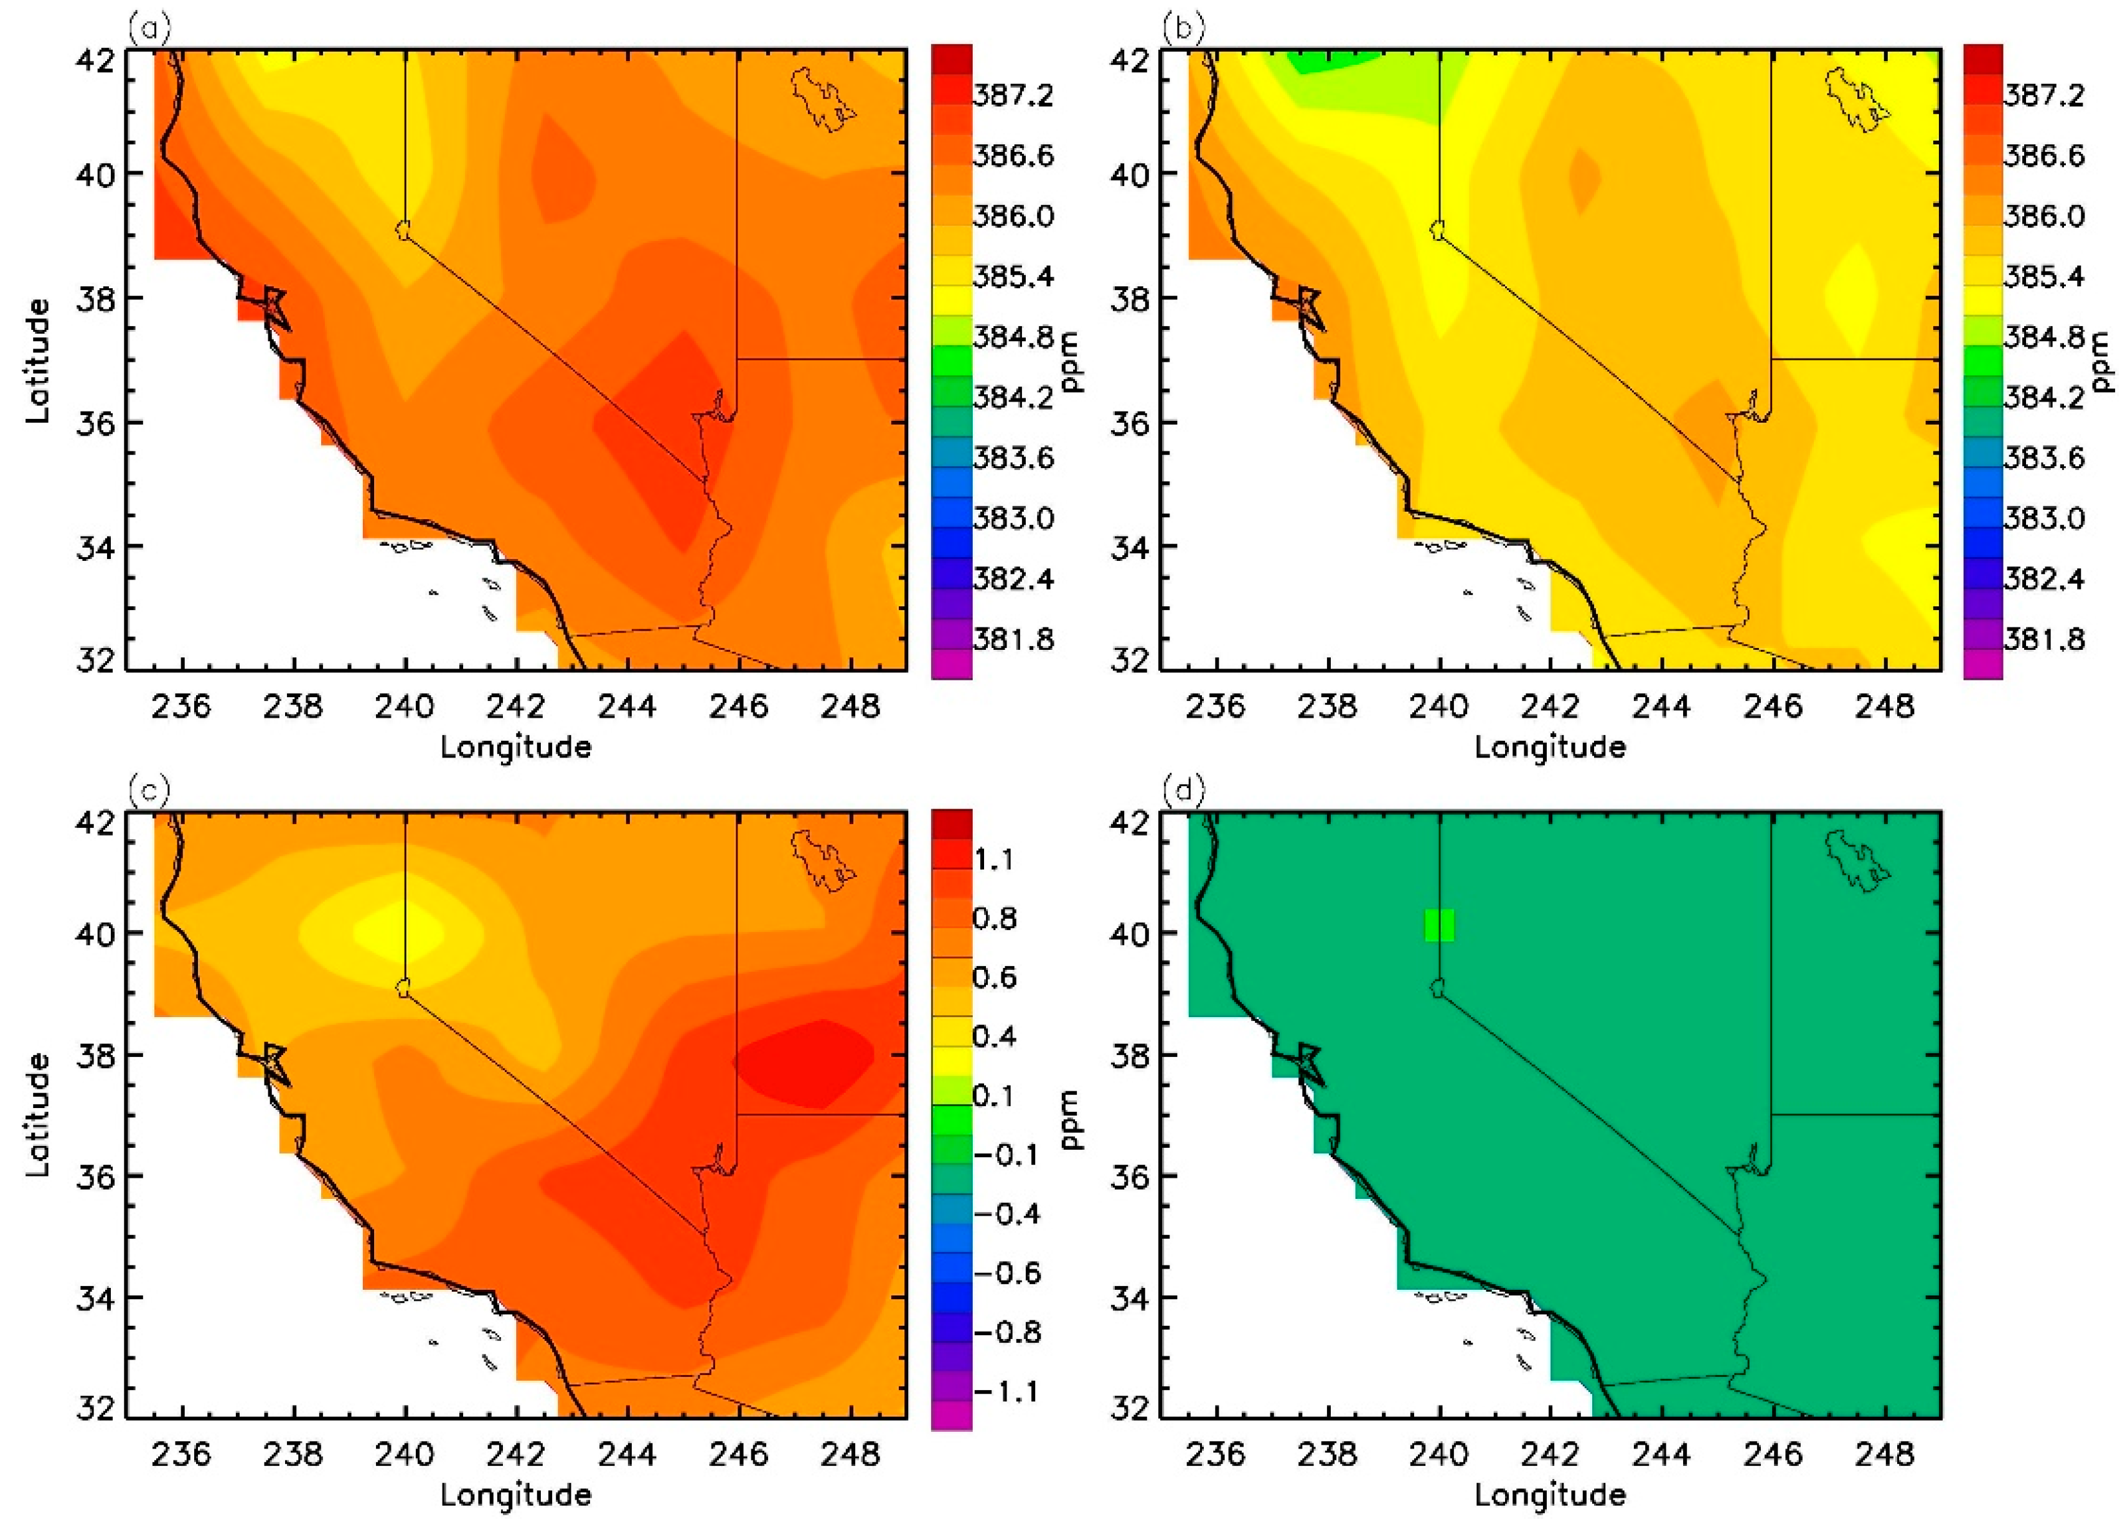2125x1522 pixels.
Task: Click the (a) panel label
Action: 150,30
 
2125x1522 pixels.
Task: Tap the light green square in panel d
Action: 1439,925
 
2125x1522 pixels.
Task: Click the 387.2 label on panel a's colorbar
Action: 1013,95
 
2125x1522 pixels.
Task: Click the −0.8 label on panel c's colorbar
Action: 1007,1332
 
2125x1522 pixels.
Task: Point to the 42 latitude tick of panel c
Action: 96,822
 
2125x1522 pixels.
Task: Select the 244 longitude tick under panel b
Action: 1661,706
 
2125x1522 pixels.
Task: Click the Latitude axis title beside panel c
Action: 37,1116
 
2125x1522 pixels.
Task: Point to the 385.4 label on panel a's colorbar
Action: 1013,276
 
